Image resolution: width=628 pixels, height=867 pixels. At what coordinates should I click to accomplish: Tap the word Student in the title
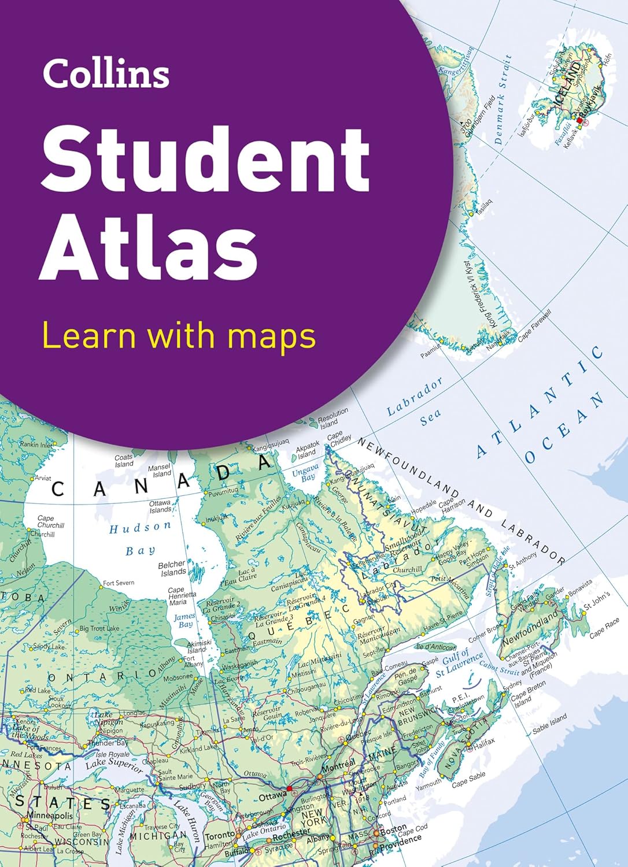click(205, 157)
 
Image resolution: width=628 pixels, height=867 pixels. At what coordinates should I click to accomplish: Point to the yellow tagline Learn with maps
click(179, 336)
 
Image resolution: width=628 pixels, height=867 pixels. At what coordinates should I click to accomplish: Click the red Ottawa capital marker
click(290, 788)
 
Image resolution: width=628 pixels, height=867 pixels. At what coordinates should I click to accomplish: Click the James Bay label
click(185, 620)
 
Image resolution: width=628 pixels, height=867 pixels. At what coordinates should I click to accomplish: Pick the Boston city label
click(393, 828)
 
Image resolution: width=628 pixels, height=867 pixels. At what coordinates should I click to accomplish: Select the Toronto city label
click(220, 835)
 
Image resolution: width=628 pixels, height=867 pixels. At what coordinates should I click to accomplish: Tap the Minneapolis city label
click(49, 816)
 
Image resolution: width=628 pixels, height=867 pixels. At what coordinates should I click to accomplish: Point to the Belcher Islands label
click(173, 568)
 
